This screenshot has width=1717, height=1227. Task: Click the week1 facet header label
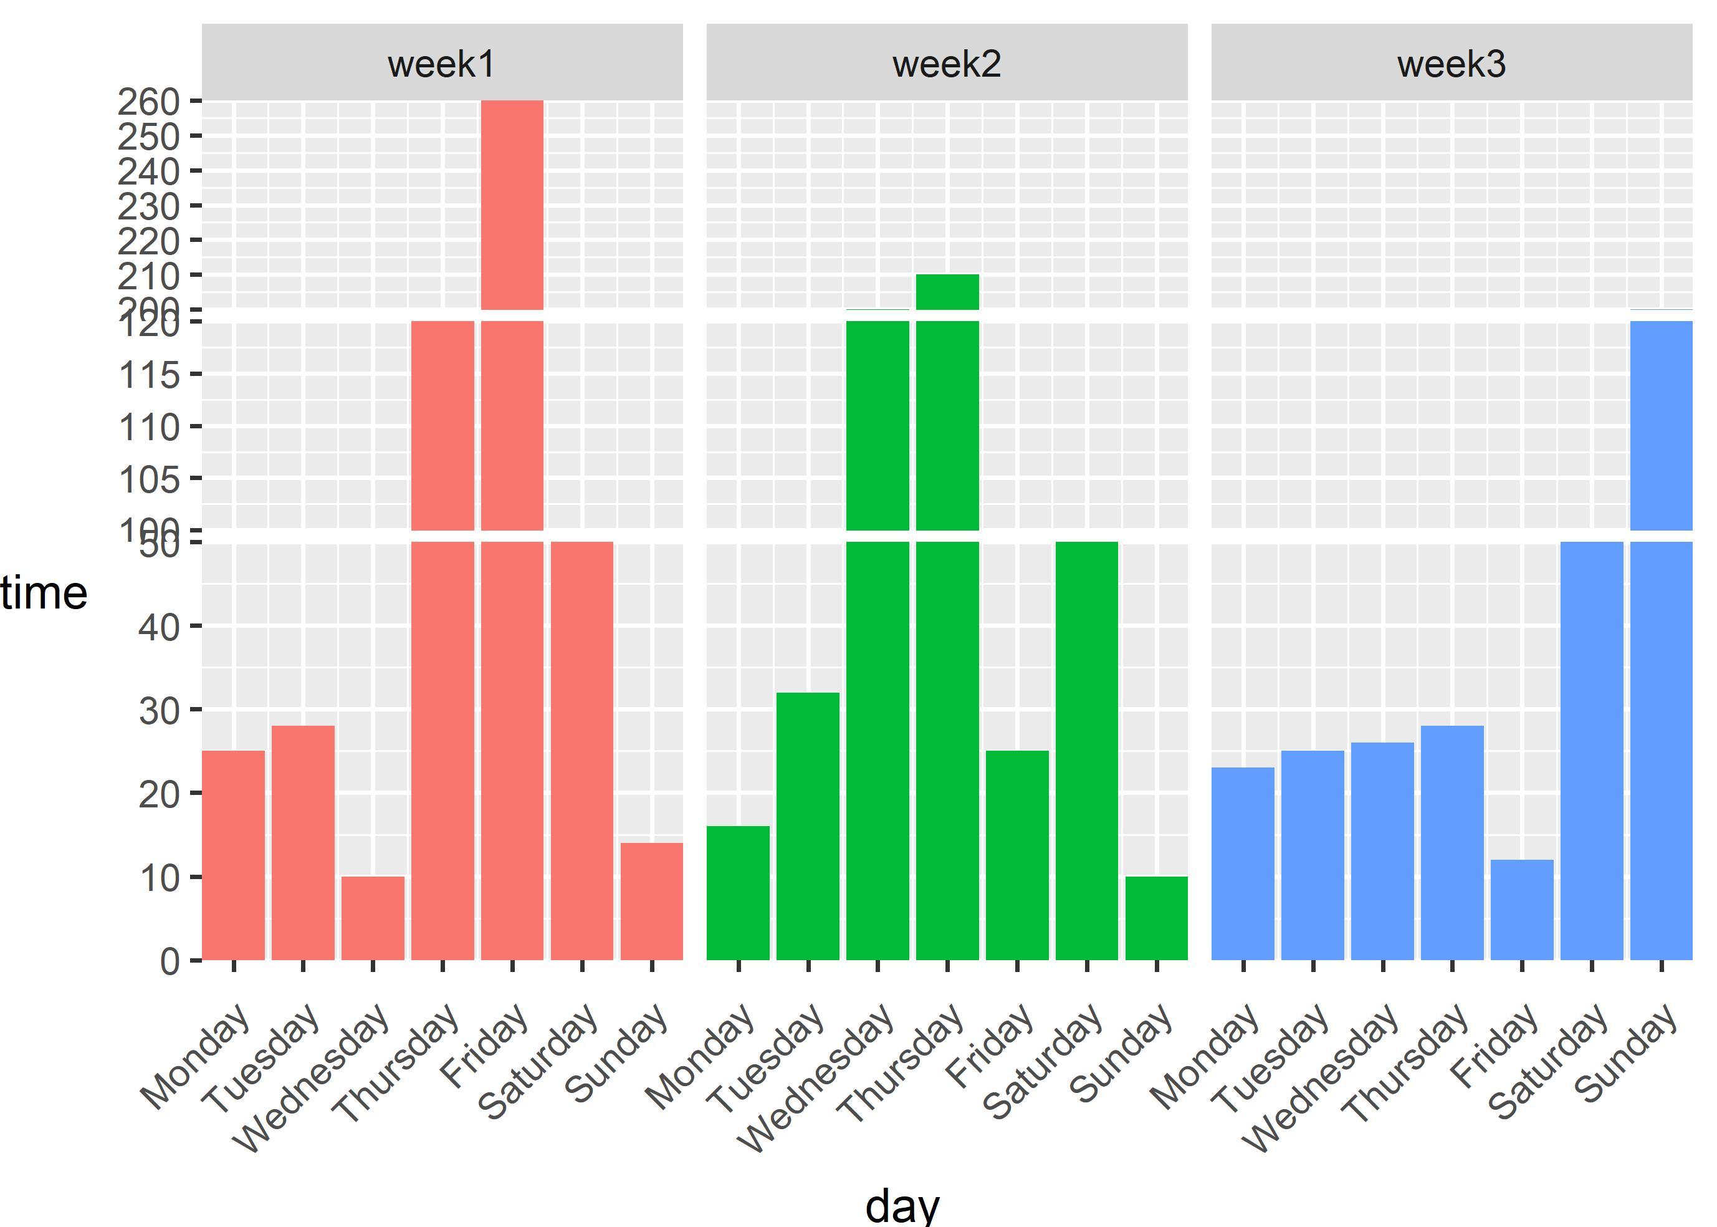click(442, 64)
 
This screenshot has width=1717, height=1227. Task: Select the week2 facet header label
click(947, 64)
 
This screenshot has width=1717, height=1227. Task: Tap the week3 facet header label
click(1452, 64)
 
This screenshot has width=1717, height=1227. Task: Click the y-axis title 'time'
click(44, 593)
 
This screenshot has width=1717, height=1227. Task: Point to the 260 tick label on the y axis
click(149, 101)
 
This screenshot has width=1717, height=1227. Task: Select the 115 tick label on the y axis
click(150, 375)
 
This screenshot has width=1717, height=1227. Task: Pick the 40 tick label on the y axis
click(160, 627)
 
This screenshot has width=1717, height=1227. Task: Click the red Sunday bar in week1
click(652, 902)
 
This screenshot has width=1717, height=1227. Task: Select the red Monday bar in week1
click(233, 855)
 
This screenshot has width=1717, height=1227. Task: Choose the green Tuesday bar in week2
click(808, 826)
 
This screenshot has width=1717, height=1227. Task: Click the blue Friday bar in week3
click(1521, 910)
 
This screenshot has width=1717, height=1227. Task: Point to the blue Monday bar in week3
click(1243, 864)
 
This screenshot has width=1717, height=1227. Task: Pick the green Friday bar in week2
click(1017, 855)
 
